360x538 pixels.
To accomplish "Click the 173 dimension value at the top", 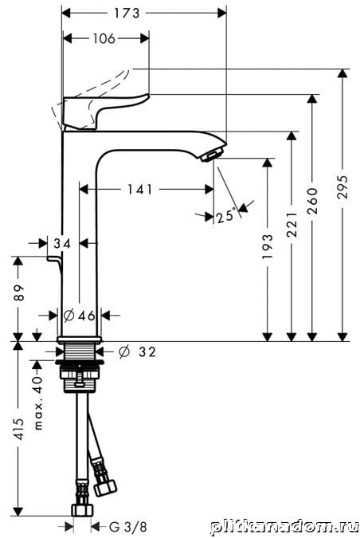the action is pos(127,14).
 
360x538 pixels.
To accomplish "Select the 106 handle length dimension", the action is pos(104,38).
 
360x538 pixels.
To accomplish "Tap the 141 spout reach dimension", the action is pos(140,189).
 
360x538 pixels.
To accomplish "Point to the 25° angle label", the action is pos(227,216).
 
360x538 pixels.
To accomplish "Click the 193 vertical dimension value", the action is pos(268,246).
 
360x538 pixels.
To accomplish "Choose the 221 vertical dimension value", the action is pos(292,225).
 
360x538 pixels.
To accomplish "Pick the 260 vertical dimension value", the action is pos(312,201).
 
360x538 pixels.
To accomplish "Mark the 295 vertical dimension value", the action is pos(342,187).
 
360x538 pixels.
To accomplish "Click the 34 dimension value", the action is pos(62,243).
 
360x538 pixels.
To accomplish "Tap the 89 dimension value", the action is pos(20,293).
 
